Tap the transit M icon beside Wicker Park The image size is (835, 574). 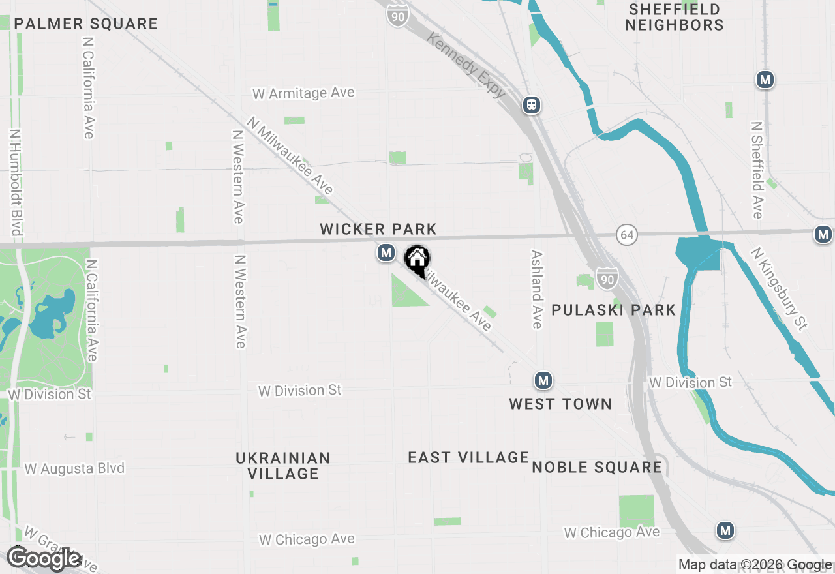click(x=386, y=252)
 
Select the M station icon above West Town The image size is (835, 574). click(x=543, y=380)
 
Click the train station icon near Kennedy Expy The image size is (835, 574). click(x=532, y=105)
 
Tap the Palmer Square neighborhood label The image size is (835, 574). click(x=86, y=24)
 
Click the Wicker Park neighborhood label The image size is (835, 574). click(x=378, y=229)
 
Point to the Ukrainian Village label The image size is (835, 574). click(x=283, y=466)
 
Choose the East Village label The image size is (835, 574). click(x=468, y=458)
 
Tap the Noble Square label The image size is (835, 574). click(x=597, y=467)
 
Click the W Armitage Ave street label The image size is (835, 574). click(x=303, y=93)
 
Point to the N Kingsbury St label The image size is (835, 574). click(x=780, y=288)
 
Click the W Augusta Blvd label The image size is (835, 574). click(x=74, y=468)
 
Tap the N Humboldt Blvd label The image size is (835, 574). click(x=16, y=182)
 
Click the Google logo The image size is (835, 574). click(x=44, y=559)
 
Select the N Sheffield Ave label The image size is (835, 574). click(x=757, y=170)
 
